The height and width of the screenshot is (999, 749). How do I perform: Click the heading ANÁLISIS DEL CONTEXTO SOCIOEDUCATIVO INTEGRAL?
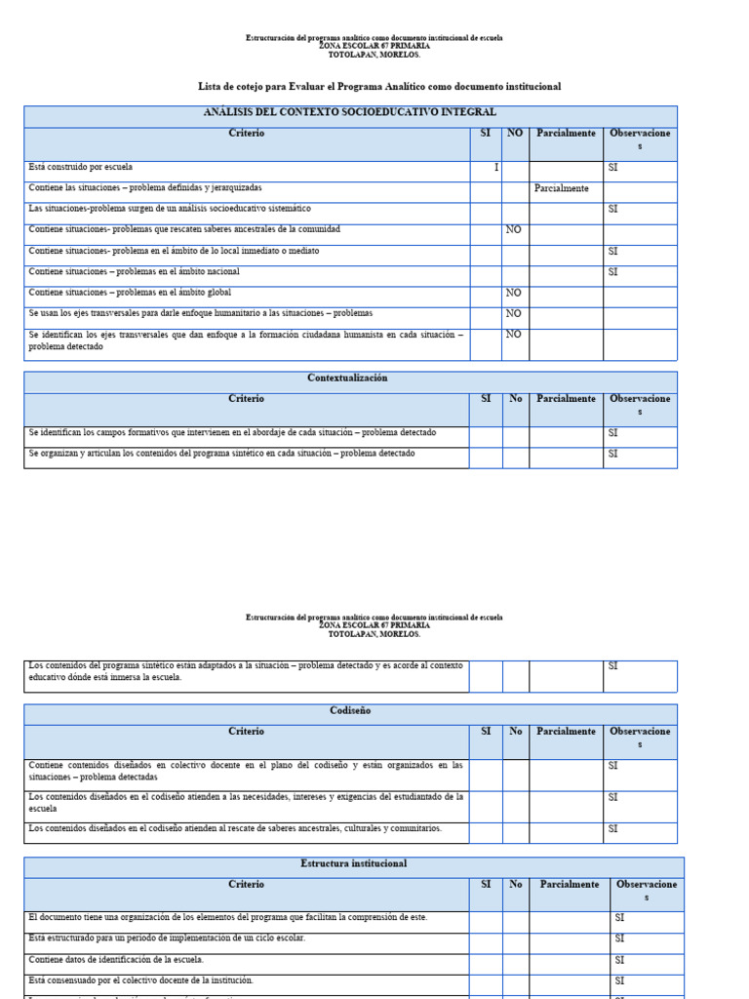349,113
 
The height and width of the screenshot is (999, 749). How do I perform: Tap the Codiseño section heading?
350,711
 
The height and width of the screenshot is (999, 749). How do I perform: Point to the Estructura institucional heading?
354,864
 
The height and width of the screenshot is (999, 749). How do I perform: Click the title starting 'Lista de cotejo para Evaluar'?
379,87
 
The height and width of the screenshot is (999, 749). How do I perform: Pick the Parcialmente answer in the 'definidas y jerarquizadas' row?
562,188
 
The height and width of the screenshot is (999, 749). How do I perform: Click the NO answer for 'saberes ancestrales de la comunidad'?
513,230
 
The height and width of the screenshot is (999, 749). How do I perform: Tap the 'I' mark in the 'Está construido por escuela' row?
495,168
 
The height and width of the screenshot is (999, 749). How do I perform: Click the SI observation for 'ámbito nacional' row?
613,272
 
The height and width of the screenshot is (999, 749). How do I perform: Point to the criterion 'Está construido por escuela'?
81,168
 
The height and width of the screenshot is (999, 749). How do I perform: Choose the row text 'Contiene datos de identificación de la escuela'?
116,960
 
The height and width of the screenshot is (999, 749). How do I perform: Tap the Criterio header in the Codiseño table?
246,732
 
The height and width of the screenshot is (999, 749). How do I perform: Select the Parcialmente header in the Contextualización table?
566,399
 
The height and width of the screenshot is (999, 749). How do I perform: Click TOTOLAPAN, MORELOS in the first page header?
374,55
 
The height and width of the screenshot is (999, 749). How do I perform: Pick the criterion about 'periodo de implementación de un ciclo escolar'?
167,939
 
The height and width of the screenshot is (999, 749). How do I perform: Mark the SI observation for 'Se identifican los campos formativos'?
613,433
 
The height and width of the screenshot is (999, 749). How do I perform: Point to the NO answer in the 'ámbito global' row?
513,293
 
